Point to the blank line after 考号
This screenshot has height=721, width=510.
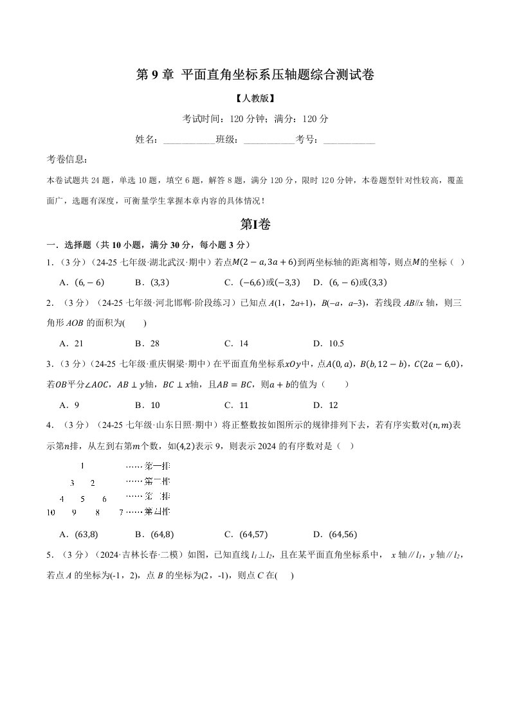tap(349, 139)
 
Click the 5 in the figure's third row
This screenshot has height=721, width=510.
tap(82, 497)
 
